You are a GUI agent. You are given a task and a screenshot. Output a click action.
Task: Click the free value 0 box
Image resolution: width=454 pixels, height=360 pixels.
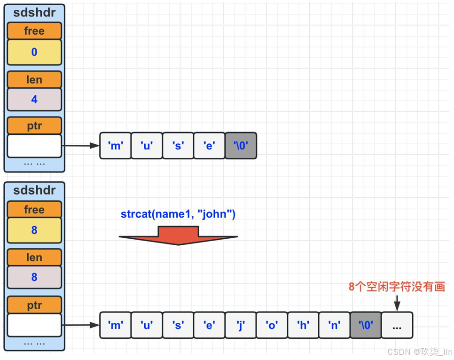(34, 52)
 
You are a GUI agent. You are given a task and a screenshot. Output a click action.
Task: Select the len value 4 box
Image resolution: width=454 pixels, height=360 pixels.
(34, 100)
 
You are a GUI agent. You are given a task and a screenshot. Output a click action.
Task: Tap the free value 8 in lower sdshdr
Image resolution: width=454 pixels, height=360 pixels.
(34, 230)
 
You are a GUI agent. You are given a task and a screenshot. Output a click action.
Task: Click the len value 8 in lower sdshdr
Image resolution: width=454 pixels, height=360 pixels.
(34, 277)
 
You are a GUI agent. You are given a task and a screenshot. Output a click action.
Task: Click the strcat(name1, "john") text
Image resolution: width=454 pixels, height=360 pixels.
(178, 214)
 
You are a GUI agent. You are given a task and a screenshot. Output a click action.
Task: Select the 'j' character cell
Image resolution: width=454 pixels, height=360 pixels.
(241, 325)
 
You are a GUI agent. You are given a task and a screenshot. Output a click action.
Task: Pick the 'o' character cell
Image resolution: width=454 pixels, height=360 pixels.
(272, 325)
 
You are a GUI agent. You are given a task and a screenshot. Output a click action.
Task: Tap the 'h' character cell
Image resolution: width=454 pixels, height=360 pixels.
(303, 325)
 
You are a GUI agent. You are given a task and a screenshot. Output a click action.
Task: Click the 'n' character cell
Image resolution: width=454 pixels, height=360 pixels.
(334, 325)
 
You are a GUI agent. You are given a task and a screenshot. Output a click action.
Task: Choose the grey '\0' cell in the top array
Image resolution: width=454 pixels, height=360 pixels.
(241, 146)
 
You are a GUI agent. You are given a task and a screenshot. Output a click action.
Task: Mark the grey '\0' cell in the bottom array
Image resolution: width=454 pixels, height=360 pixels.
(366, 325)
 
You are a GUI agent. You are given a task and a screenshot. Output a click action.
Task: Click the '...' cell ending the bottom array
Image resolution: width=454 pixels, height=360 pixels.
(397, 325)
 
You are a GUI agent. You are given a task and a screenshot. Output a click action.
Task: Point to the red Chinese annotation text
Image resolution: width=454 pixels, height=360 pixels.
(397, 287)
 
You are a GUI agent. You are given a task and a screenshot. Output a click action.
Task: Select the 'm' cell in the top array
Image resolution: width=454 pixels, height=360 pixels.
(116, 146)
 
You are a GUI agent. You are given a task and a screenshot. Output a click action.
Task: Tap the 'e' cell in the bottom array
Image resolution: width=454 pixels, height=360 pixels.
(209, 325)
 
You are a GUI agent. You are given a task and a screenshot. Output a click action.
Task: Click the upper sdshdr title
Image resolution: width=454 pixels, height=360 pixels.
(34, 13)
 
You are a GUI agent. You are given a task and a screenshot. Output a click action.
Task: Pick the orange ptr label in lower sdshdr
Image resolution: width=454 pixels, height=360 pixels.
(34, 305)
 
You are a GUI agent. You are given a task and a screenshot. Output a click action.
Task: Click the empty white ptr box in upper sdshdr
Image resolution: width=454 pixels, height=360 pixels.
(34, 146)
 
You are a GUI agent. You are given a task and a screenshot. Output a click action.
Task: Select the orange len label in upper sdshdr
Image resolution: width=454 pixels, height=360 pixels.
(34, 80)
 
